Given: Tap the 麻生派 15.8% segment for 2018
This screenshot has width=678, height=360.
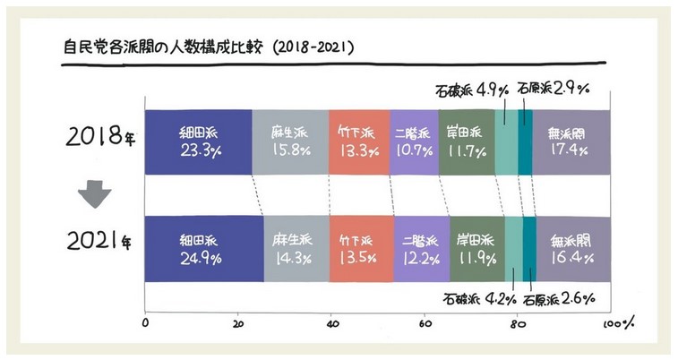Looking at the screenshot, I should coord(289,141).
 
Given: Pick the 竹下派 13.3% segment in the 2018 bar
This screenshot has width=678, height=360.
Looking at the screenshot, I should coord(358,141).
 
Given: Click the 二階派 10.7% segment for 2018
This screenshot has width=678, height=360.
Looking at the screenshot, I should coord(414,141).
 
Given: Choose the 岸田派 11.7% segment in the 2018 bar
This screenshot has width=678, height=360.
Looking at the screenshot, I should coord(466,141).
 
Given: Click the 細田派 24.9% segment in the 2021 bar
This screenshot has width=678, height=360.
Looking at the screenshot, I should coord(203,249).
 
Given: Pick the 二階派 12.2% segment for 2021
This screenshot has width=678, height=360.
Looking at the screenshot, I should coord(421,249).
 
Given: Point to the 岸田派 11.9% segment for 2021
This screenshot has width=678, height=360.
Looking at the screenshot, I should coord(476,249).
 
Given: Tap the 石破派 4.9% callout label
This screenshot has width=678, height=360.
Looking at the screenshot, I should coord(472,90).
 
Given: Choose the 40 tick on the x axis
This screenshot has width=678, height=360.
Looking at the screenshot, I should coord(332,324).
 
